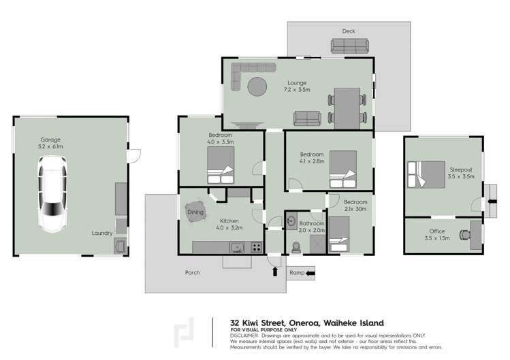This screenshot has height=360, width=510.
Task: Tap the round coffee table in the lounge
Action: (257, 87)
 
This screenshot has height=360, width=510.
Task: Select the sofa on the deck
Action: (349, 46)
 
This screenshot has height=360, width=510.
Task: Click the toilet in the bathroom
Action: (296, 246)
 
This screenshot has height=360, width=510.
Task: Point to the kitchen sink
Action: (237, 247)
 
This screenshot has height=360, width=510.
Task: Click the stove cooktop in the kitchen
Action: (257, 247)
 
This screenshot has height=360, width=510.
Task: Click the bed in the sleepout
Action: (422, 174)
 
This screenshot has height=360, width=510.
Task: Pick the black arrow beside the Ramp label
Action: (310, 273)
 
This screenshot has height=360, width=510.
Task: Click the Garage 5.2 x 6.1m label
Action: (51, 142)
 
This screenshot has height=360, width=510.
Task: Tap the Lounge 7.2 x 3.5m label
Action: (297, 86)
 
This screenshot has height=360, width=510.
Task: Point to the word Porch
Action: (193, 273)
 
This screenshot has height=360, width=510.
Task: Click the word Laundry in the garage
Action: (102, 233)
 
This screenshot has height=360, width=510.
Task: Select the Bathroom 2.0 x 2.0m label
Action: (312, 227)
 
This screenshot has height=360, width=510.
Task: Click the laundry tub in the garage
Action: (120, 246)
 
